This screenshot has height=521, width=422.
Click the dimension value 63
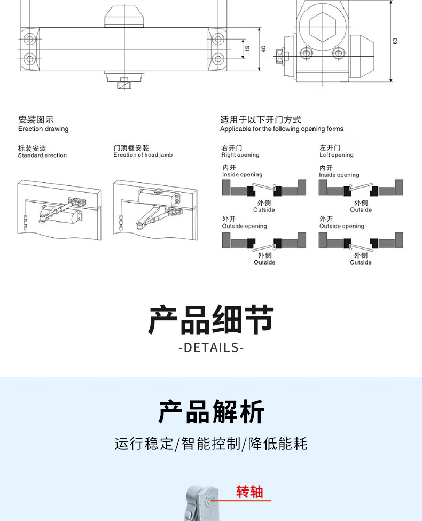[395, 41]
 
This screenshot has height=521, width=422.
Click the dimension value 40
[263, 48]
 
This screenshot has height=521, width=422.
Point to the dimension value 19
[247, 48]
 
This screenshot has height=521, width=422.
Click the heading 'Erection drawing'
[43, 129]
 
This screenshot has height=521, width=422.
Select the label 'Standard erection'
[42, 155]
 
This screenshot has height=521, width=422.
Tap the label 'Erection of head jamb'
[143, 155]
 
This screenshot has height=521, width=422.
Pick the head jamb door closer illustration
[155, 209]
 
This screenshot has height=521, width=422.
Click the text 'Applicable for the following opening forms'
[282, 129]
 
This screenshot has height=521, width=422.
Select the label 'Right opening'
[240, 155]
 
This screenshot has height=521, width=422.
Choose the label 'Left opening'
[337, 155]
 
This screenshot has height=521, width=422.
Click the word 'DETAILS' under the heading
[211, 348]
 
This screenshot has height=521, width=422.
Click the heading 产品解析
[211, 412]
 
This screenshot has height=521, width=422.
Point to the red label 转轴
[250, 492]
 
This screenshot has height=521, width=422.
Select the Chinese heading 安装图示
[36, 120]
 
